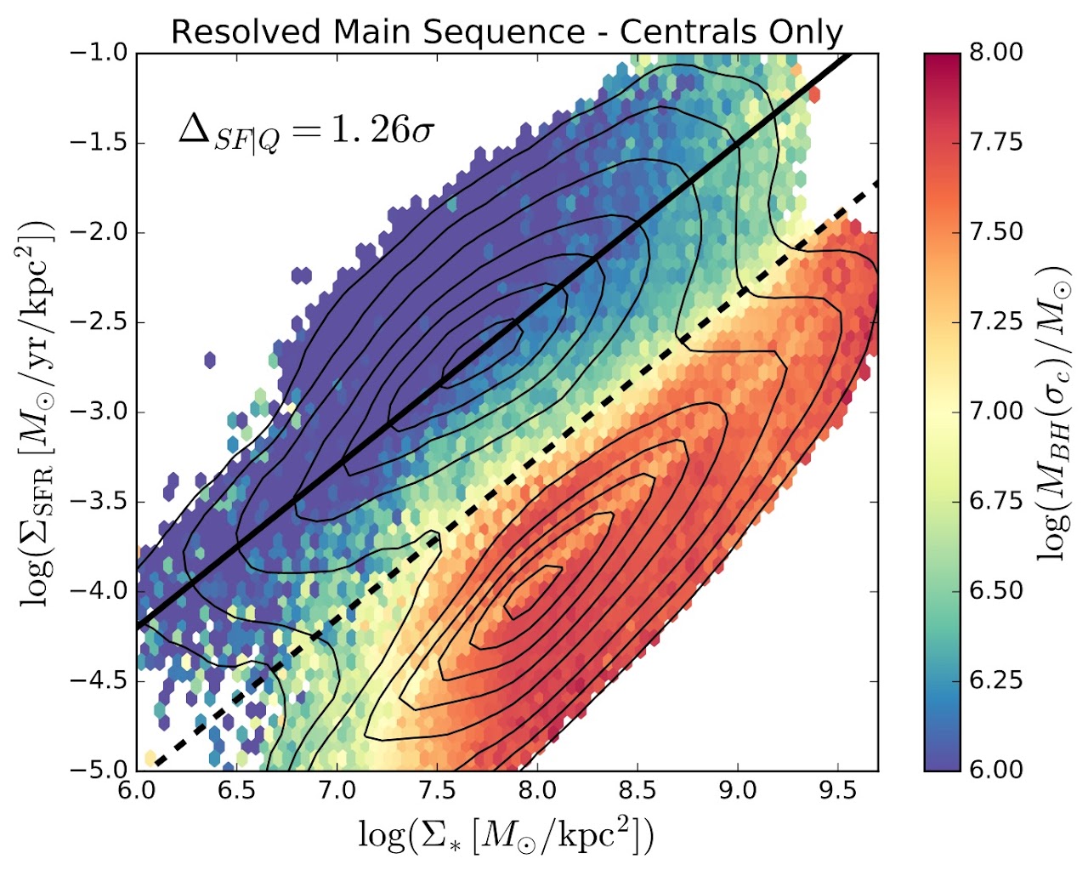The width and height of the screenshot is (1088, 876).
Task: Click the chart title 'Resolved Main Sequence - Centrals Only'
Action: (x=507, y=32)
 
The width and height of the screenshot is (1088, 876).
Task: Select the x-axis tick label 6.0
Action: (x=137, y=790)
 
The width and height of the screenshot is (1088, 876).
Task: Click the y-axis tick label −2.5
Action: (x=100, y=322)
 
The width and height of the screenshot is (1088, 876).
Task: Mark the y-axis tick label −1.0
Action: (x=100, y=53)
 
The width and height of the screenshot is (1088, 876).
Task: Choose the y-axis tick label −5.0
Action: (x=100, y=770)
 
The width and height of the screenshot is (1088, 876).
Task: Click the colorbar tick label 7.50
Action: (x=996, y=232)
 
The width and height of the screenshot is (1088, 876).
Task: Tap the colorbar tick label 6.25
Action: (x=996, y=680)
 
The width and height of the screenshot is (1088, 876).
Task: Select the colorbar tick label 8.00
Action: (x=996, y=53)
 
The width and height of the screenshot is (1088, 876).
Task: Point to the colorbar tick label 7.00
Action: (x=996, y=412)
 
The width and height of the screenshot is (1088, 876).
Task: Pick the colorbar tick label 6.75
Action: (x=996, y=501)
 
